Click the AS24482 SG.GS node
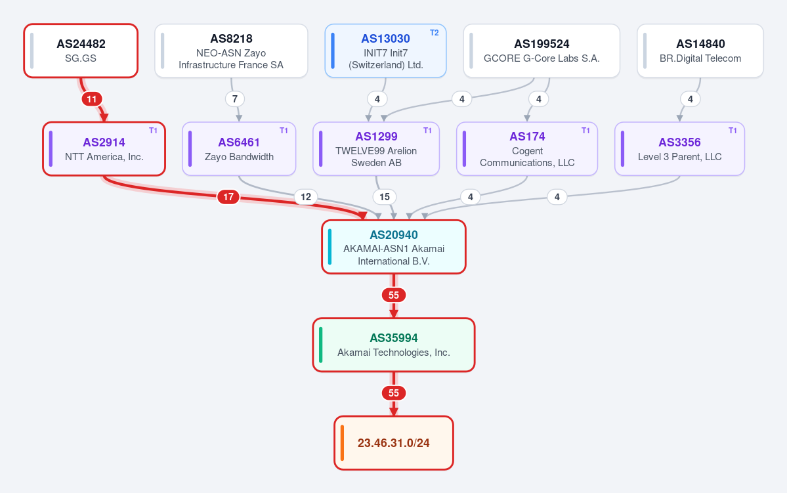[81, 51]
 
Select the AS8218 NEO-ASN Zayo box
[232, 51]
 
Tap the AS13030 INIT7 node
[385, 51]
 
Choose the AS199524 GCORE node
[542, 51]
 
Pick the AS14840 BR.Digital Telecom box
[700, 51]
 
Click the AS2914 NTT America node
[104, 149]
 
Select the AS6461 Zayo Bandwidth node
[239, 149]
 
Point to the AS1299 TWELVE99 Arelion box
[376, 149]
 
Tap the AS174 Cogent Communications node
[527, 149]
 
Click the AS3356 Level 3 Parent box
[679, 149]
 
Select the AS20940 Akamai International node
[394, 247]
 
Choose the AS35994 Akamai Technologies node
[394, 345]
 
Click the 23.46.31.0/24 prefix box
[394, 443]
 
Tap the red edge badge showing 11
[92, 99]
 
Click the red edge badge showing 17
[228, 197]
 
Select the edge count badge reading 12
[306, 197]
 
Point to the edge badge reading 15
[385, 197]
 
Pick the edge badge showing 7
[235, 99]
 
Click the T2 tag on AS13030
[434, 33]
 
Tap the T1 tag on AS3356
[733, 131]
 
